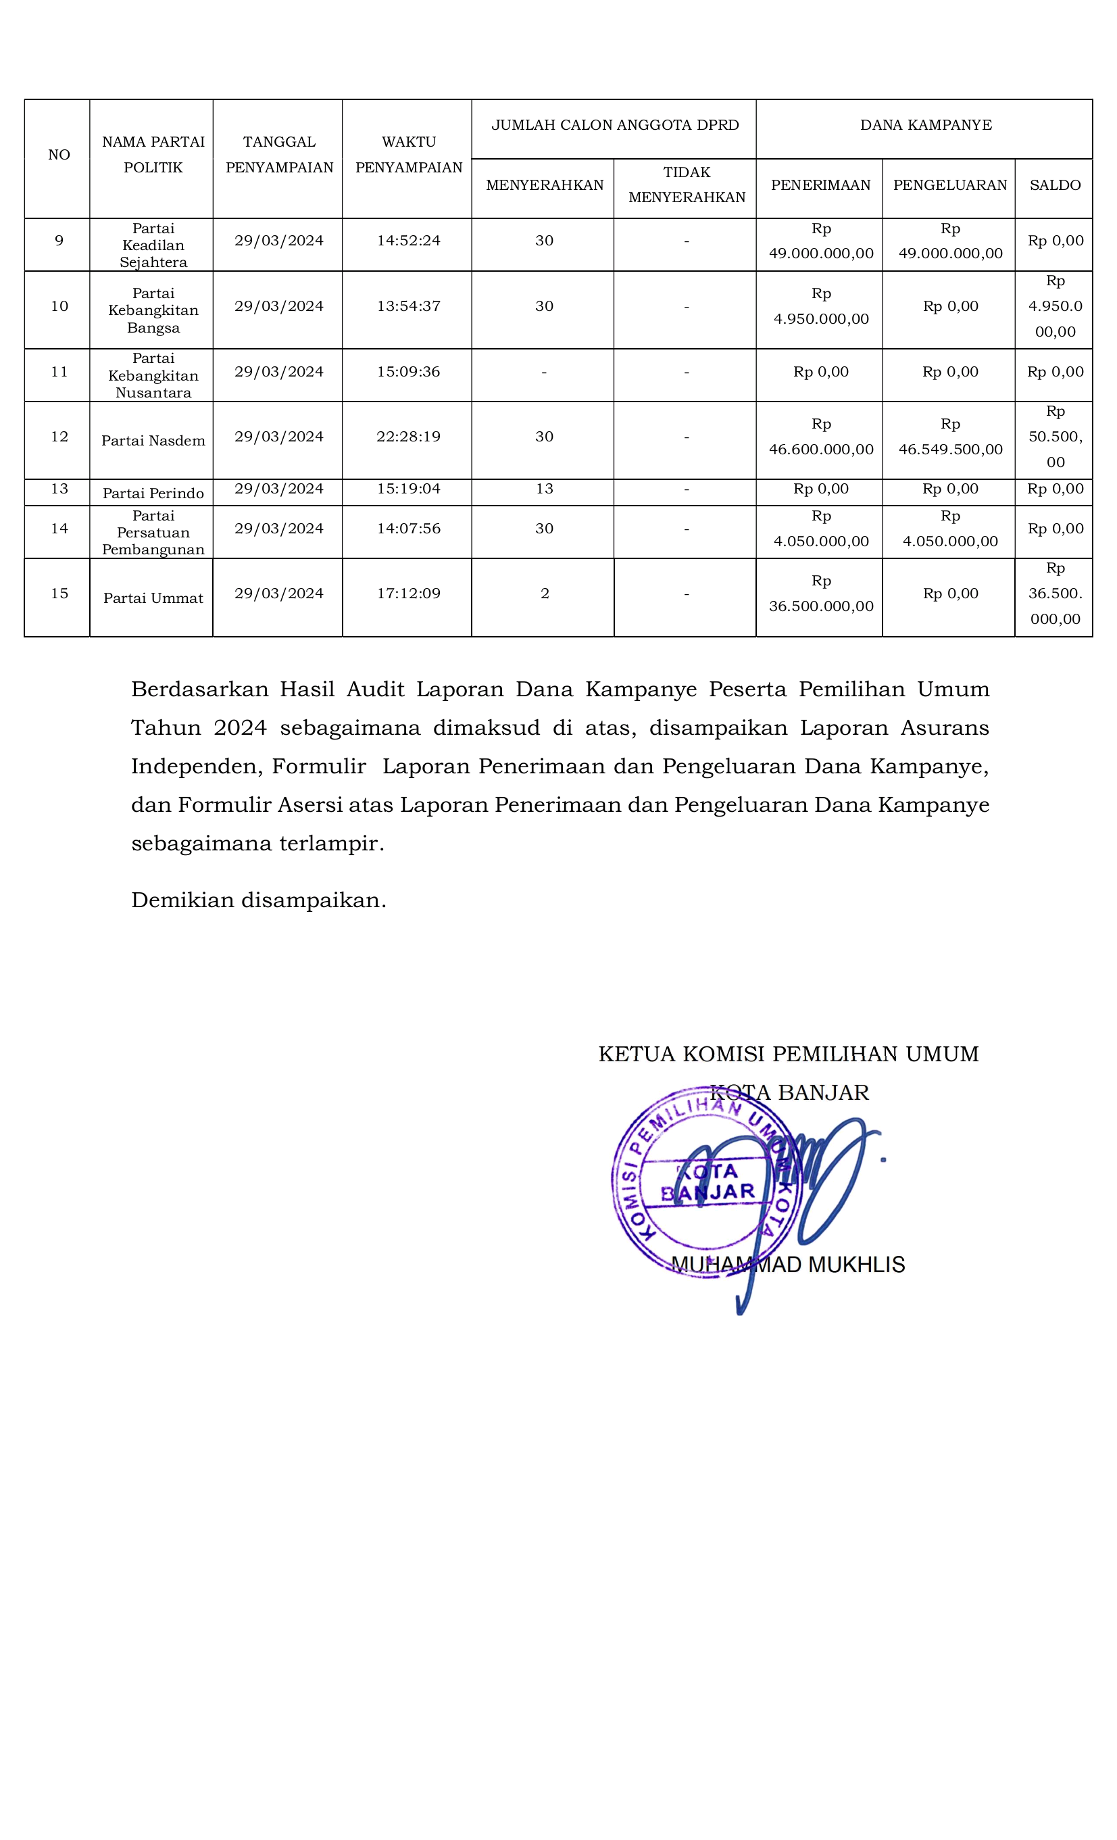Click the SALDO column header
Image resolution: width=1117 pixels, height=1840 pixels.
(x=1054, y=185)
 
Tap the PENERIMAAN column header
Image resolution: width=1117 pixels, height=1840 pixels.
(x=820, y=185)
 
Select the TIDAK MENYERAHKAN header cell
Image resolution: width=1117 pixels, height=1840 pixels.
(x=686, y=185)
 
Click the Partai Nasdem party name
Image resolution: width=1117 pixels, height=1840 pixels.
(x=153, y=441)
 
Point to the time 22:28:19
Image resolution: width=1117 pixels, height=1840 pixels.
(x=408, y=436)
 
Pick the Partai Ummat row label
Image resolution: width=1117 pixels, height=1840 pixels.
(x=153, y=598)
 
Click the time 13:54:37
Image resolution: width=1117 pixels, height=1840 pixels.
(x=408, y=306)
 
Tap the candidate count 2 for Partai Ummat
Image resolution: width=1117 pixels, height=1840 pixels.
(x=545, y=594)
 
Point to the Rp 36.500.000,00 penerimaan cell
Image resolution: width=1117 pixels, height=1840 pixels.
(x=820, y=594)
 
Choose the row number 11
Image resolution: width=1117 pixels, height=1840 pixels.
(x=59, y=372)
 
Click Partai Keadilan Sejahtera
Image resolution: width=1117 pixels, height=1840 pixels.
(x=153, y=245)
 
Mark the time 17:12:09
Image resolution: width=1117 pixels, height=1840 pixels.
(x=408, y=594)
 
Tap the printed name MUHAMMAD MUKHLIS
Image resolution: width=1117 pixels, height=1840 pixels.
(x=788, y=1265)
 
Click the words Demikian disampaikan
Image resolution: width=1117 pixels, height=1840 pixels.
(x=258, y=900)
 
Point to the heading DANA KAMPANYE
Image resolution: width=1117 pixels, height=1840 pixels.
(x=925, y=124)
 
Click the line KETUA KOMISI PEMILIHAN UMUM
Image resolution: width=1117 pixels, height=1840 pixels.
(x=788, y=1054)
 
